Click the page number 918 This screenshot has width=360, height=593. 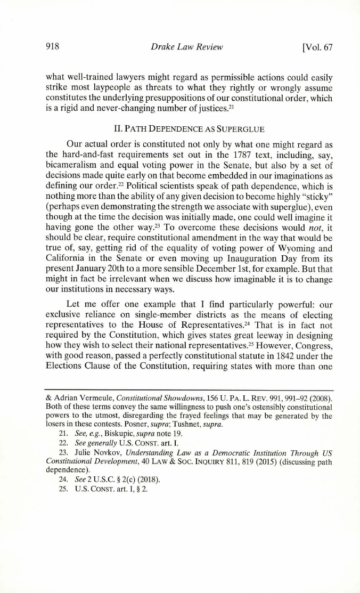(52, 46)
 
